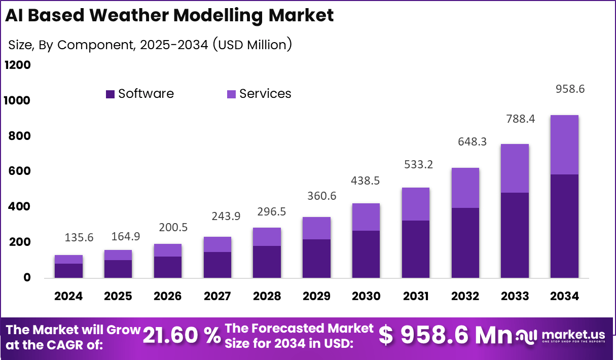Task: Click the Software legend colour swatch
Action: click(x=111, y=94)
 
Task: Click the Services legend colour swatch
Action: click(x=231, y=94)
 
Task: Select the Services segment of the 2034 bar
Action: click(x=564, y=145)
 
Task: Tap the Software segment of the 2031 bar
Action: click(x=415, y=249)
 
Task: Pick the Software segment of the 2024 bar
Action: click(x=68, y=270)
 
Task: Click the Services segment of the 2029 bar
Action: click(x=316, y=228)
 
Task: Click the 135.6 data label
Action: click(x=79, y=237)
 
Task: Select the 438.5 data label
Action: click(x=366, y=181)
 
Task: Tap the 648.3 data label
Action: click(x=465, y=142)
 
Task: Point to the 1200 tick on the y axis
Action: click(x=18, y=65)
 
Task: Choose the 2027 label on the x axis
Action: click(x=218, y=296)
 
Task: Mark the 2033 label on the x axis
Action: click(x=515, y=296)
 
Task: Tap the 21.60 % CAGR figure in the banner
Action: click(x=182, y=336)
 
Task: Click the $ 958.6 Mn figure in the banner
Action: click(x=446, y=335)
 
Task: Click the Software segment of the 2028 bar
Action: click(x=266, y=262)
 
